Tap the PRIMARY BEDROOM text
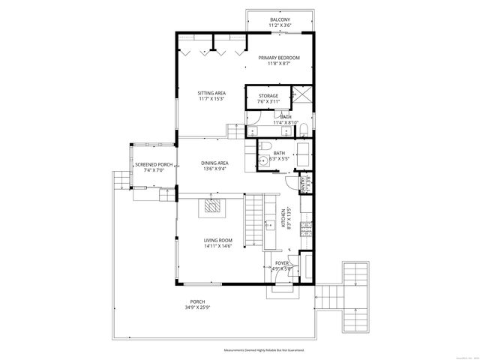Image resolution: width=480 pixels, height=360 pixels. (x=279, y=58)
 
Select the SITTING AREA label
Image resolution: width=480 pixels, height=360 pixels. (x=212, y=93)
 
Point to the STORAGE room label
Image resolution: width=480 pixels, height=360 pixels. (x=268, y=96)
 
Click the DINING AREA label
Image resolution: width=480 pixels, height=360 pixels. (x=214, y=163)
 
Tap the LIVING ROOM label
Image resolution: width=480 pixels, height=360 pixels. (x=218, y=240)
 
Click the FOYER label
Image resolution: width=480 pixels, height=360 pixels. (x=282, y=263)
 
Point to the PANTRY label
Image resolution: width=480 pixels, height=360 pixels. (x=304, y=183)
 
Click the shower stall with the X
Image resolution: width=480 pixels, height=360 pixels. (x=303, y=96)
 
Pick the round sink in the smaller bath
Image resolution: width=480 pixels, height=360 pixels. (x=262, y=160)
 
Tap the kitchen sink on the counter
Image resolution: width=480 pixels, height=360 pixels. (x=270, y=223)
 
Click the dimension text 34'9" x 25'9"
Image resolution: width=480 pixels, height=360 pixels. (x=196, y=307)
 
